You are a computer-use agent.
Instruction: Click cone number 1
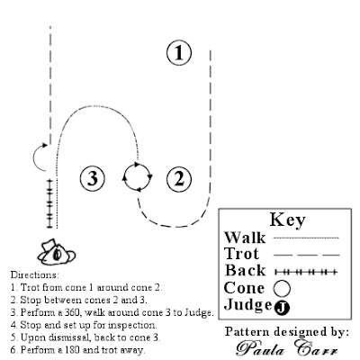tap(179, 53)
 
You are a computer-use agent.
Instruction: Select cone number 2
tap(179, 179)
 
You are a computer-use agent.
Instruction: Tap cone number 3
tap(93, 178)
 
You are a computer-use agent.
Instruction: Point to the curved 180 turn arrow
tap(33, 157)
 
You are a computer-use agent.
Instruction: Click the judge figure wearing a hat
tap(57, 253)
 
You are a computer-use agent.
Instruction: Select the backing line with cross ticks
tap(49, 203)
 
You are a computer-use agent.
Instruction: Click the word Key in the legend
tap(287, 220)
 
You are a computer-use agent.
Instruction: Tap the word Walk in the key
tap(245, 238)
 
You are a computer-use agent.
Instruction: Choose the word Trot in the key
tap(241, 254)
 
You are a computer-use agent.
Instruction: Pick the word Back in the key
tap(245, 270)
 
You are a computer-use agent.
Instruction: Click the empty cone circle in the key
tap(282, 288)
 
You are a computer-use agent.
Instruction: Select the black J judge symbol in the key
tap(282, 308)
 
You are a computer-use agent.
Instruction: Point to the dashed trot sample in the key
tap(307, 255)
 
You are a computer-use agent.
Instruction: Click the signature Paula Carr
tap(287, 348)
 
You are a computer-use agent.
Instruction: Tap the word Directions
tap(35, 274)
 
